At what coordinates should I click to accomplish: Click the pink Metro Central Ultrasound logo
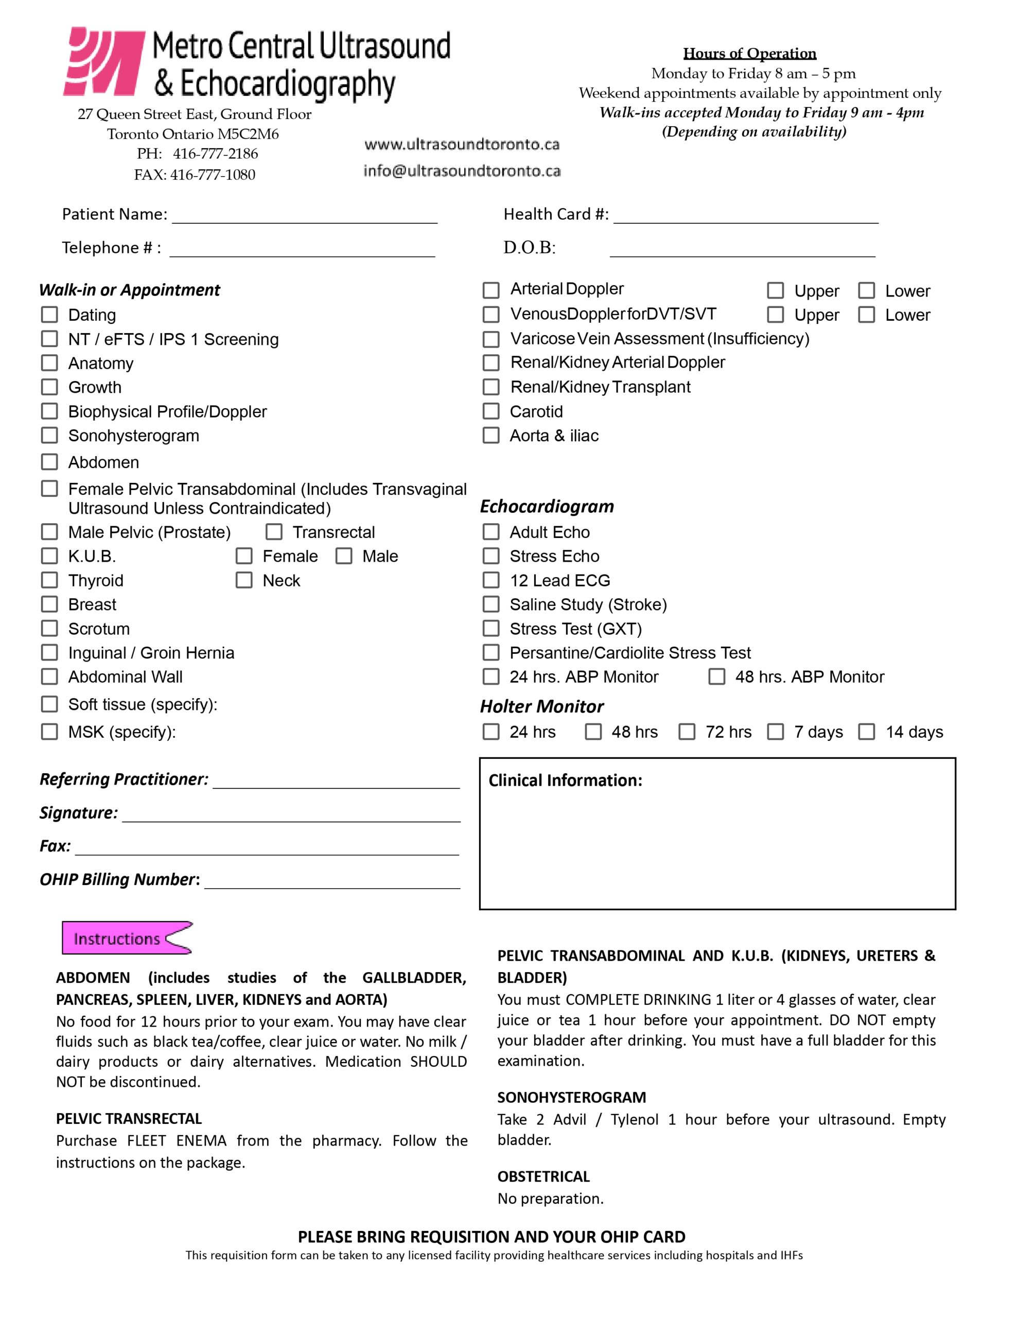point(104,62)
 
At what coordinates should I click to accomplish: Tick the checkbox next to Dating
point(49,315)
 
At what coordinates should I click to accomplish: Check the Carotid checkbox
point(491,411)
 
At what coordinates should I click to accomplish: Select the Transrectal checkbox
point(274,532)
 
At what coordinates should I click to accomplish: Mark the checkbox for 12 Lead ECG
point(491,580)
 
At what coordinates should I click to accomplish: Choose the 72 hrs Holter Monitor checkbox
point(687,732)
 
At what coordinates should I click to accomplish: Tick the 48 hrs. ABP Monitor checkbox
point(717,677)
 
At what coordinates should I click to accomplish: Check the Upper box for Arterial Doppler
point(776,290)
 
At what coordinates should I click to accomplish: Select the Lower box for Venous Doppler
point(867,315)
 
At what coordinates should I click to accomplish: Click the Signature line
point(291,814)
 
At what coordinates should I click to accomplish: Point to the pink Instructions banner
point(127,939)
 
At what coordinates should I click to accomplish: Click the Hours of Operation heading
point(749,54)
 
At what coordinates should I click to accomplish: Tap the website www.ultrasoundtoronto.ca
point(462,144)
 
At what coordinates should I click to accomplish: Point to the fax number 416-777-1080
point(213,175)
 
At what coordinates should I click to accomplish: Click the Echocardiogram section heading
point(547,506)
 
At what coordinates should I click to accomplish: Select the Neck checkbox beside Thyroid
point(244,580)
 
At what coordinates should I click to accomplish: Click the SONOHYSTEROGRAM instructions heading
point(571,1097)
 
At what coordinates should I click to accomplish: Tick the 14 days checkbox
point(867,732)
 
